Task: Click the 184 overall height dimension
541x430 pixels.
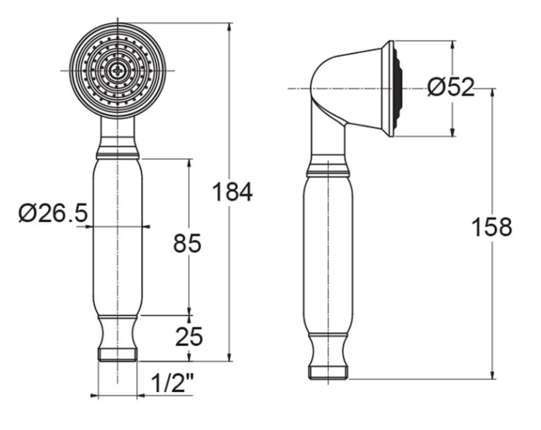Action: click(232, 192)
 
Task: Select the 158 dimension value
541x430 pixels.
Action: click(491, 226)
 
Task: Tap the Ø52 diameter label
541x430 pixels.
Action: click(450, 88)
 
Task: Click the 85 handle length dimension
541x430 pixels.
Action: click(187, 243)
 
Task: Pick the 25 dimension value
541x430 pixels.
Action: click(188, 337)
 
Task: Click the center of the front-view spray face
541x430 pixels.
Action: click(117, 69)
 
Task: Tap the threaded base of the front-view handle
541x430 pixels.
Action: click(118, 355)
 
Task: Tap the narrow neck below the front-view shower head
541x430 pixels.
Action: click(117, 131)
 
